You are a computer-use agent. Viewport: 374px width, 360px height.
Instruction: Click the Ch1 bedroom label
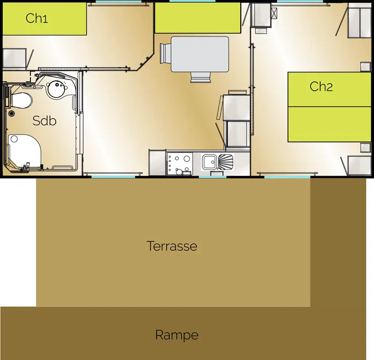37,18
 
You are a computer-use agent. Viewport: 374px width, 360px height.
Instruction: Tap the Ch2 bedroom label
321,86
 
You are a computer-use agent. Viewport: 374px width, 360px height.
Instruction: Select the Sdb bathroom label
44,120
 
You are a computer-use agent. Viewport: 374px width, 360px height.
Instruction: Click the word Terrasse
172,246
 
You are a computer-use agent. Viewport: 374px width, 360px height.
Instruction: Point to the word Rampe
177,335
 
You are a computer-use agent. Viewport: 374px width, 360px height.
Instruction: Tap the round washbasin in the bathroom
57,89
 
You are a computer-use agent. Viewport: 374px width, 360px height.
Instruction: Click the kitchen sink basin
209,162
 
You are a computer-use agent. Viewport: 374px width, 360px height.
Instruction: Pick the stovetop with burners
180,163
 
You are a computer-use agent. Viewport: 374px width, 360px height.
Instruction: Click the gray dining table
200,54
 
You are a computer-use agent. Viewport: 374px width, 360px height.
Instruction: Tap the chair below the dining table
201,78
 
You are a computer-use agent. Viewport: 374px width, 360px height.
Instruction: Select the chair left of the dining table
165,54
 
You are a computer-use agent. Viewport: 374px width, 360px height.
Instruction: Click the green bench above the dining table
198,18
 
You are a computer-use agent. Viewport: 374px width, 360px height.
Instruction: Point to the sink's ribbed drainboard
225,162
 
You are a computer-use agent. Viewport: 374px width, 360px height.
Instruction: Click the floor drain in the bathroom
11,113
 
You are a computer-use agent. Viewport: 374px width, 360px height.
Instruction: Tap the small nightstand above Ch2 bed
365,67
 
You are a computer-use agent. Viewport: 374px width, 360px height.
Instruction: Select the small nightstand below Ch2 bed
365,148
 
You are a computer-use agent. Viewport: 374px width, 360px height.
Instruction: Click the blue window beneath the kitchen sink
213,177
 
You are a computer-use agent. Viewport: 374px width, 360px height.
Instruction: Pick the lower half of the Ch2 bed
330,124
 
